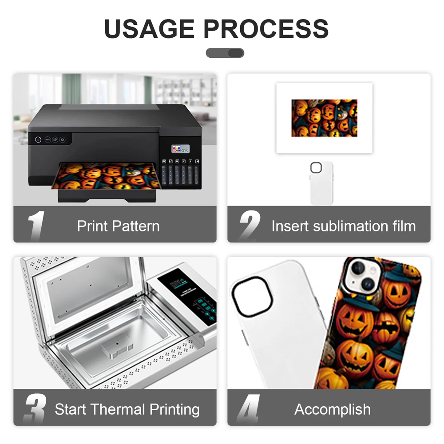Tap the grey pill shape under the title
pyautogui.click(x=225, y=53)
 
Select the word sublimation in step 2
pyautogui.click(x=344, y=226)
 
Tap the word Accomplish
pyautogui.click(x=333, y=409)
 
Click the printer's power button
pyautogui.click(x=38, y=139)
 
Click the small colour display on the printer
pyautogui.click(x=180, y=150)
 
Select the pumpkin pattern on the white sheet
pyautogui.click(x=324, y=118)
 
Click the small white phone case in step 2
pyautogui.click(x=321, y=183)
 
